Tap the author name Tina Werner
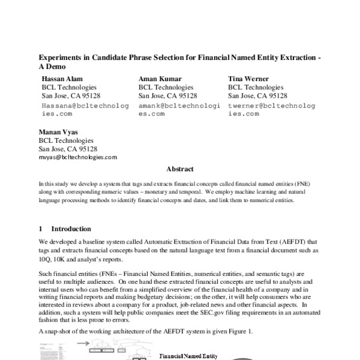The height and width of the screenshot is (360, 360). (x=248, y=79)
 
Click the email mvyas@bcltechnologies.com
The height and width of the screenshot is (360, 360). (x=78, y=157)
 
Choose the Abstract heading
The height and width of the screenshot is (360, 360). (x=180, y=169)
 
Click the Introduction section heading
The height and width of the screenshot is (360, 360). (x=71, y=229)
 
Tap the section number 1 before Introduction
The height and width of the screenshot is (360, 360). (x=40, y=229)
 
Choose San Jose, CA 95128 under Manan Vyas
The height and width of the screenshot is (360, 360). (x=68, y=149)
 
